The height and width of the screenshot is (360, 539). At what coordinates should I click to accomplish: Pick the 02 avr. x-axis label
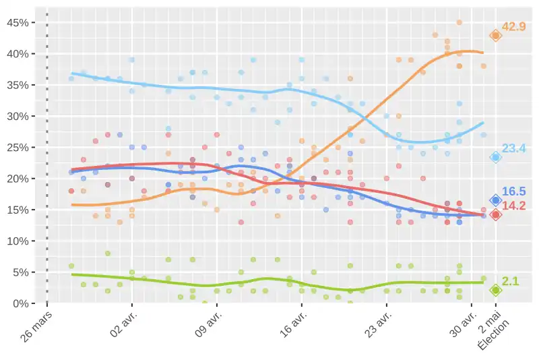(122, 326)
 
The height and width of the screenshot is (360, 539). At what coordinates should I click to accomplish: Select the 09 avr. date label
(207, 326)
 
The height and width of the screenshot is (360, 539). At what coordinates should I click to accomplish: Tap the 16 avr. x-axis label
(292, 326)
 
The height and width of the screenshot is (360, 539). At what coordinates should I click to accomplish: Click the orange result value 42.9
(514, 27)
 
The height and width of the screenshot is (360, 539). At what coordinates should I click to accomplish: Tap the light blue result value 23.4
(514, 148)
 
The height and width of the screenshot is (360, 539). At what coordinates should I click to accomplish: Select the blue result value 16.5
(514, 192)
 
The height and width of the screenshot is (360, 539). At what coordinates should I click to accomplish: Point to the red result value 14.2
(514, 206)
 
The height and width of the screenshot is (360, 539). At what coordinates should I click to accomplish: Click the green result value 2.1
(511, 281)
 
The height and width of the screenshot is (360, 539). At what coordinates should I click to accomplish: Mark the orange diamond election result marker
(496, 36)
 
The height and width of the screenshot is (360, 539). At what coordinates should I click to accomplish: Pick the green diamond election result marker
(496, 290)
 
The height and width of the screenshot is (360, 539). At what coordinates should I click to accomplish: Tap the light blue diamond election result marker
(496, 157)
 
